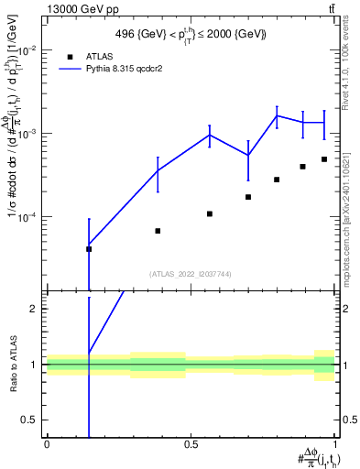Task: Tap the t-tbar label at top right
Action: (331, 8)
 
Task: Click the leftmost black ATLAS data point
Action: (89, 248)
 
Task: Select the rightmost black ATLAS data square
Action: (324, 159)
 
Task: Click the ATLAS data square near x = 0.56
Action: (210, 213)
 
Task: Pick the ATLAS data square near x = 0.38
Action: (158, 231)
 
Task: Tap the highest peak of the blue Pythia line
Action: (278, 115)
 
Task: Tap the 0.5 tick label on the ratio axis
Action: (29, 420)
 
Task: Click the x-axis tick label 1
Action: (334, 445)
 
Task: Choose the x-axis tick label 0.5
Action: (191, 445)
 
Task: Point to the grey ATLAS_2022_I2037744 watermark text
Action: (190, 274)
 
